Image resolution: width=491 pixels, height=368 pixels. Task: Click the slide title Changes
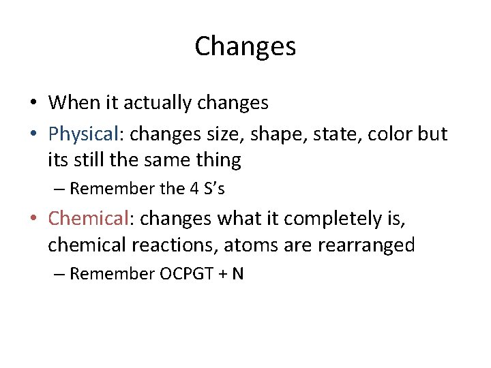[245, 46]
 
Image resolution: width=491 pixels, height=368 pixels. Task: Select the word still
[91, 161]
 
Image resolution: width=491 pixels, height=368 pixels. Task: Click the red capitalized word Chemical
[89, 219]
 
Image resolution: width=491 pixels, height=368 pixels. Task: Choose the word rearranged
[366, 245]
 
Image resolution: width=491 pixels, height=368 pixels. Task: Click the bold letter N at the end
[238, 274]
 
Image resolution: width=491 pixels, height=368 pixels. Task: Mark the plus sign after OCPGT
[222, 275]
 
